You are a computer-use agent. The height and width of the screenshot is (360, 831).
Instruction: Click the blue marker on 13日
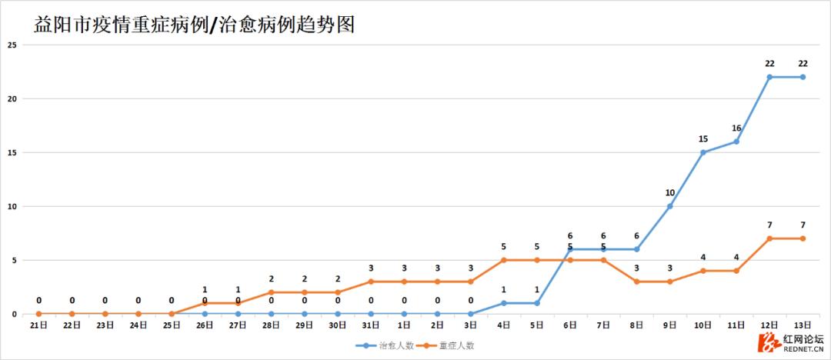[x=803, y=77]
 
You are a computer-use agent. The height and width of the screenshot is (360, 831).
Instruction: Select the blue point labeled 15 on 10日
[x=703, y=152]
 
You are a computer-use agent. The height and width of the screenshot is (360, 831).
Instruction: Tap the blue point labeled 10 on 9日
[x=670, y=206]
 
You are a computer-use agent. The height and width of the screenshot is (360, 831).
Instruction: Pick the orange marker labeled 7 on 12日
[x=769, y=238]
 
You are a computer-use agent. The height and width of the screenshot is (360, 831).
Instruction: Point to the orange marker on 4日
[x=504, y=260]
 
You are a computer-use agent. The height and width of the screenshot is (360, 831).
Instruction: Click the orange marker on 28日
[x=272, y=292]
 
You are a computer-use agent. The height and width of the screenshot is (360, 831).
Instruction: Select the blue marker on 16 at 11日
[x=736, y=142]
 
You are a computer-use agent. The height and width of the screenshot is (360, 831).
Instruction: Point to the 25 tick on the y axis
[x=12, y=45]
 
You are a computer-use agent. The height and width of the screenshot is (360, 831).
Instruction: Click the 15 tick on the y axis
[x=12, y=152]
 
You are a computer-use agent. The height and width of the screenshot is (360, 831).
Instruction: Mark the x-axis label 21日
[x=38, y=325]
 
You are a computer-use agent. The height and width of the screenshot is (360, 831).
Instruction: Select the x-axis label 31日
[x=371, y=325]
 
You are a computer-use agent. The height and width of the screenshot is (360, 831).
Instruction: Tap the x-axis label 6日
[x=570, y=325]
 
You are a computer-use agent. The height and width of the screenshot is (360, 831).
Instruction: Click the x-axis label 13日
[x=803, y=325]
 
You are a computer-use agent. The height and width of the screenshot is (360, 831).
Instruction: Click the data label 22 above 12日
[x=769, y=64]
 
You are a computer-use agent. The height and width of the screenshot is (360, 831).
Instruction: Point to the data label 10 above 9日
[x=670, y=193]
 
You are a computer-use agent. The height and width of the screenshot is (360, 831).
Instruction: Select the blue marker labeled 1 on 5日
[x=537, y=303]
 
